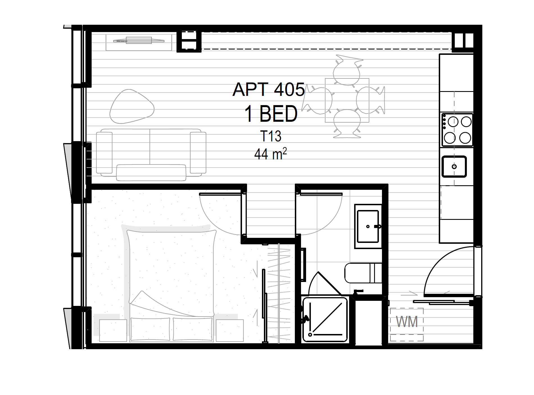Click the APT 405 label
[269, 89]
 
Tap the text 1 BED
[271, 114]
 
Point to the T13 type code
[271, 136]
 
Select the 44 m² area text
[270, 154]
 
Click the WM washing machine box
[407, 325]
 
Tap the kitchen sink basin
[454, 166]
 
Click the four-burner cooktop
[457, 130]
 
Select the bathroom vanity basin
[368, 226]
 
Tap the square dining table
[347, 100]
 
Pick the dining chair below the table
[347, 124]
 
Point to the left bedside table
[113, 330]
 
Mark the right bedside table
[230, 330]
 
